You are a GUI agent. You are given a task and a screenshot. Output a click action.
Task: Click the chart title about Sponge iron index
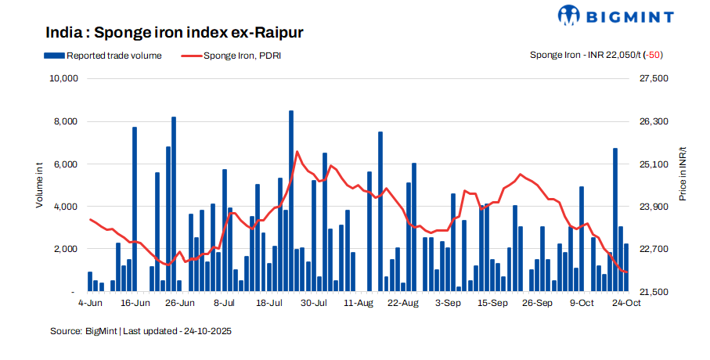(x=174, y=33)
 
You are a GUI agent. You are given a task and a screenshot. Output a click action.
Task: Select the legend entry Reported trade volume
(x=106, y=56)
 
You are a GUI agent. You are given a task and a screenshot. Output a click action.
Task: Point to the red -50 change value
(x=653, y=56)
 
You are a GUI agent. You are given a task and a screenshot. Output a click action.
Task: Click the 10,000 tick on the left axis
(x=63, y=79)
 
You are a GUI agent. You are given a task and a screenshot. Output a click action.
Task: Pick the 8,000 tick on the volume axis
(x=65, y=122)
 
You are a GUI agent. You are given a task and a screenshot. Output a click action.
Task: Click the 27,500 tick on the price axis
(x=654, y=79)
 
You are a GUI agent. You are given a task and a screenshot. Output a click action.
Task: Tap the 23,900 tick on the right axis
(x=654, y=207)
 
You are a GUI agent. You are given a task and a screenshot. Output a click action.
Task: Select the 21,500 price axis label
(x=654, y=291)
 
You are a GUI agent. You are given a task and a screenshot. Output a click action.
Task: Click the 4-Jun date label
(x=91, y=302)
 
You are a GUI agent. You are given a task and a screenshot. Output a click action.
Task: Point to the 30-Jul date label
(x=315, y=302)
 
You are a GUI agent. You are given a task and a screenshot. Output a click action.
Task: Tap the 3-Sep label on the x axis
(x=449, y=302)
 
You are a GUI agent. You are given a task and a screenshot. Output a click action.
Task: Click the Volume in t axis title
(x=39, y=185)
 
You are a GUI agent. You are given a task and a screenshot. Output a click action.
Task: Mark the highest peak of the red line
(x=297, y=152)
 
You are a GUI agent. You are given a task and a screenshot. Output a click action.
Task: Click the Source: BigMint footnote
(x=84, y=332)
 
